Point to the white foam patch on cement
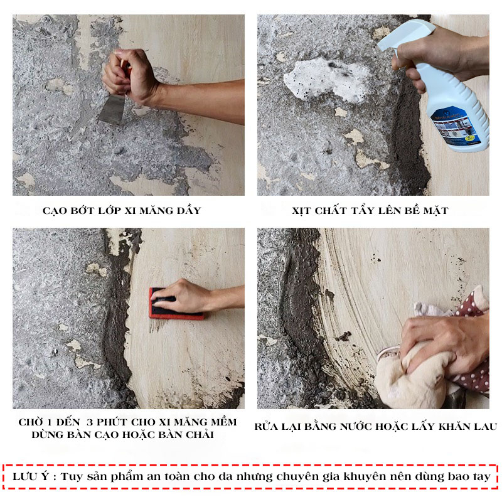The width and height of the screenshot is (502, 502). click(326, 80)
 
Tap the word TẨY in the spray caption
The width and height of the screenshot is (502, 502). click(363, 210)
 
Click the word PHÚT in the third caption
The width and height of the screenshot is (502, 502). click(112, 422)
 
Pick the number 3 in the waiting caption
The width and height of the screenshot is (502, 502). click(90, 422)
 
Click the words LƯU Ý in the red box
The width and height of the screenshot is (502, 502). click(31, 476)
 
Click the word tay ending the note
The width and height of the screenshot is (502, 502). click(481, 477)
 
